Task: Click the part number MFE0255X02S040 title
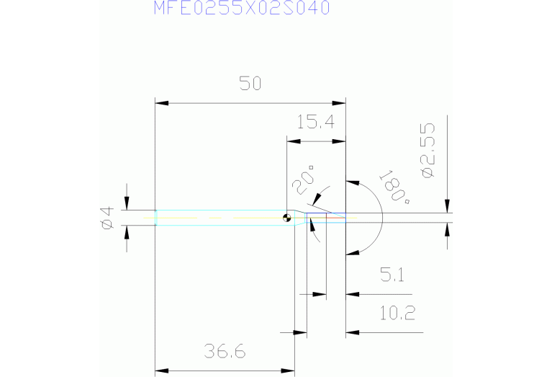point(242,8)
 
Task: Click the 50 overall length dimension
point(250,84)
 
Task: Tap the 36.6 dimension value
point(225,352)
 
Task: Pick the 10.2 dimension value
point(397,314)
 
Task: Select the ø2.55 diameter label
point(427,150)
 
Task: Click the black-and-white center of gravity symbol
point(287,218)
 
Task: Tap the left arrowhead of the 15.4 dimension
point(291,141)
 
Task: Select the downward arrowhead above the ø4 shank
point(127,205)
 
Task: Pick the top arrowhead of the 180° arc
point(353,182)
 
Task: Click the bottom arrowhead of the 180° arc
point(353,252)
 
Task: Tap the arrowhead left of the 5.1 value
point(350,294)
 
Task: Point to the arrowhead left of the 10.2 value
point(350,333)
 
